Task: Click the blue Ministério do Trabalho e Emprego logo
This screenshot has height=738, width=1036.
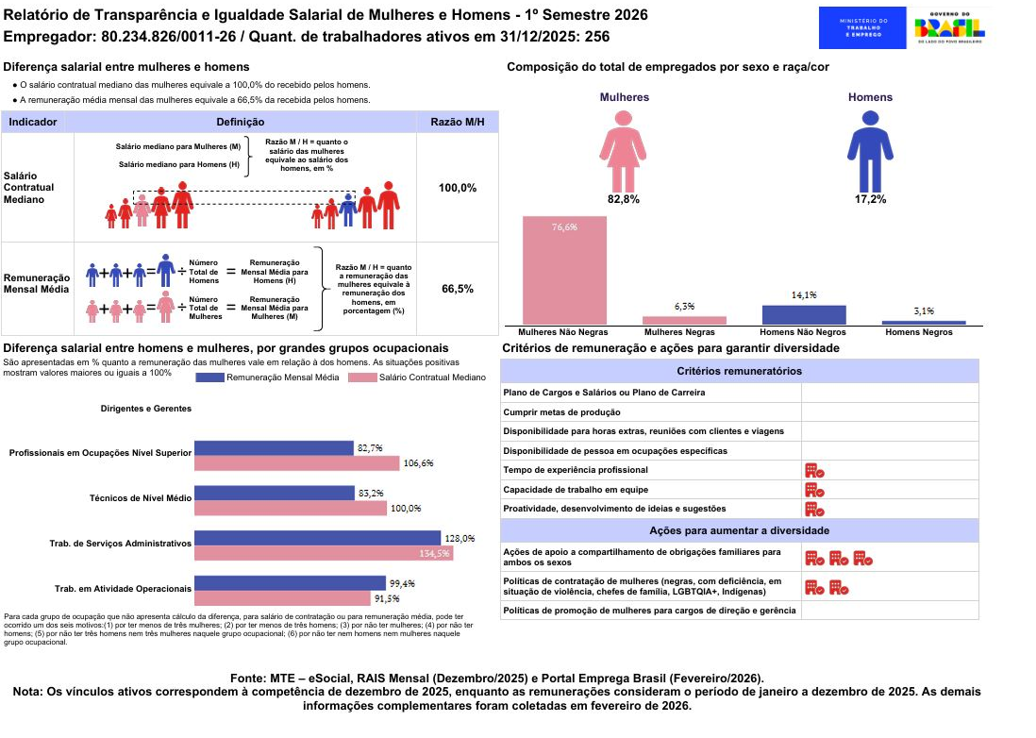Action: (862, 27)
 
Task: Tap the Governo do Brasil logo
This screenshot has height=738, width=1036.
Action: (949, 27)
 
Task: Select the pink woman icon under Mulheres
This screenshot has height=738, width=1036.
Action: (623, 151)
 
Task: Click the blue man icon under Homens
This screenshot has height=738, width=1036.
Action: (870, 151)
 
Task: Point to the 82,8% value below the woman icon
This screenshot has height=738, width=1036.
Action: (623, 199)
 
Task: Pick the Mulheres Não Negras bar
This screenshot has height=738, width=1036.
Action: (564, 270)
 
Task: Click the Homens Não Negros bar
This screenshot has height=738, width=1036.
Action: (804, 314)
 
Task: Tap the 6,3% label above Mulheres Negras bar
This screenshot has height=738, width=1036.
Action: (684, 307)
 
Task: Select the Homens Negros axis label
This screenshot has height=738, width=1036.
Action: (918, 332)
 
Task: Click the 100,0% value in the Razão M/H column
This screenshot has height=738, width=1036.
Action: (458, 188)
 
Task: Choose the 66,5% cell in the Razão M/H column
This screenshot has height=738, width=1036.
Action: (458, 289)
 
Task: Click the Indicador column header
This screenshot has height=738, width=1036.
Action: (32, 122)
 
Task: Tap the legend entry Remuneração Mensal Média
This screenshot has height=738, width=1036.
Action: (268, 377)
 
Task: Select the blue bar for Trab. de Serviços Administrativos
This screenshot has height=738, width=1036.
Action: (317, 538)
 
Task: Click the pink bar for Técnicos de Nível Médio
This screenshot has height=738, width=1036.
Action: (290, 508)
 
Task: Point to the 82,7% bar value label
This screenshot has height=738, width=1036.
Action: (370, 448)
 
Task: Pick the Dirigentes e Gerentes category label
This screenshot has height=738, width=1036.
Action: (146, 409)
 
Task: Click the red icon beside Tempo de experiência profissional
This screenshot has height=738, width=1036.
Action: (814, 470)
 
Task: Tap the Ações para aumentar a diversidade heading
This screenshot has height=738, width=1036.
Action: (740, 530)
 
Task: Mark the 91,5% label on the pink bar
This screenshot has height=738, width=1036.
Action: (387, 598)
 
